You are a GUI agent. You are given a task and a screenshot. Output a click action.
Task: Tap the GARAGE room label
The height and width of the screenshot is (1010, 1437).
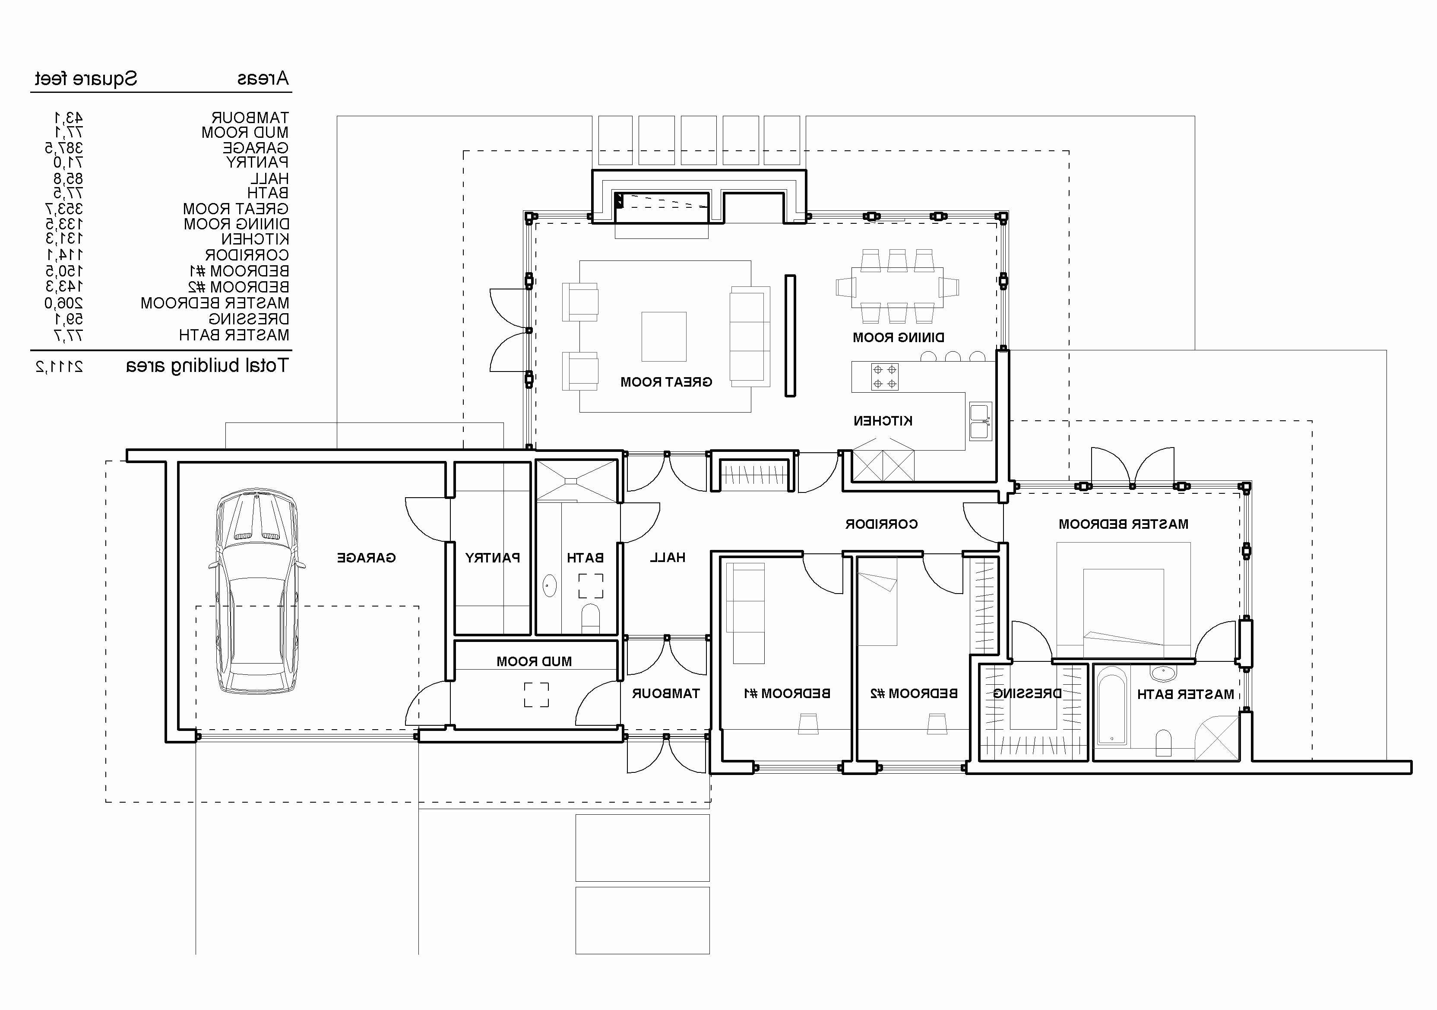(x=366, y=558)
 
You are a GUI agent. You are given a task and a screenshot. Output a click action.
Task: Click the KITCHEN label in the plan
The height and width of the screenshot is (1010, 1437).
(x=883, y=421)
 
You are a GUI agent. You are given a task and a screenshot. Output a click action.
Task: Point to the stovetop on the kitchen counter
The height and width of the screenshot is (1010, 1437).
(x=884, y=376)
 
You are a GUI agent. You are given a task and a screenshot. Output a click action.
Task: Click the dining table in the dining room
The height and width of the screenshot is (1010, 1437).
(x=897, y=287)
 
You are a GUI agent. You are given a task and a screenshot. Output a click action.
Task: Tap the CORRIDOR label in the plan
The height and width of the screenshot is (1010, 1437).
(x=881, y=524)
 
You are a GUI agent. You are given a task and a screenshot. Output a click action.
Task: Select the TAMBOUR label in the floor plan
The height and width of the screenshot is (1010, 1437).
(x=665, y=694)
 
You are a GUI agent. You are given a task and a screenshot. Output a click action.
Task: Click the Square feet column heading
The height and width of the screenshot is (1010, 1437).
(x=86, y=79)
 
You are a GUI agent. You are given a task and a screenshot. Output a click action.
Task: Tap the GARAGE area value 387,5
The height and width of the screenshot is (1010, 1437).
(x=64, y=148)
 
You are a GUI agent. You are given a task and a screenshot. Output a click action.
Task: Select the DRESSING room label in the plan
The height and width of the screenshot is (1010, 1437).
(x=1027, y=694)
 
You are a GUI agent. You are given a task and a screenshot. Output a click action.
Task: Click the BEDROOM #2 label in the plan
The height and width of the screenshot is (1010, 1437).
(x=914, y=694)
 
